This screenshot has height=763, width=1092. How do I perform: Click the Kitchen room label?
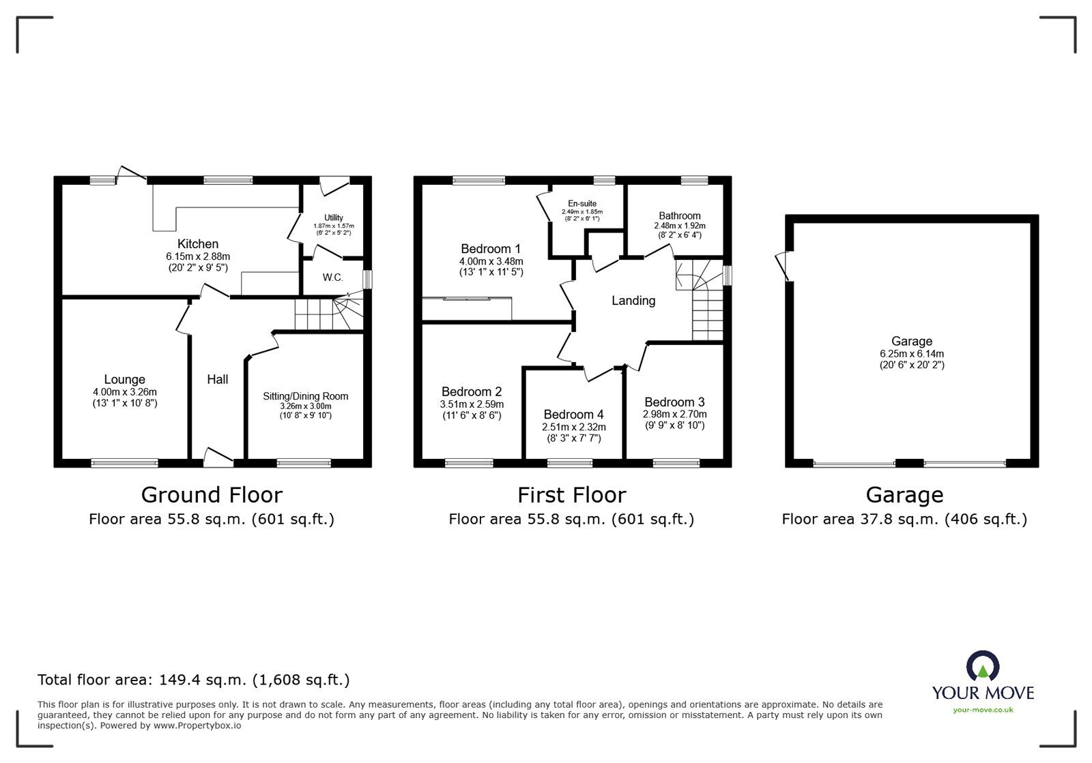(198, 244)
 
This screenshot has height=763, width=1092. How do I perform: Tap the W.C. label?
(333, 278)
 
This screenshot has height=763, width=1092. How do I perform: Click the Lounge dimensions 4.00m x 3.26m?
(125, 392)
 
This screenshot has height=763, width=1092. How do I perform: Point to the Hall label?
(218, 379)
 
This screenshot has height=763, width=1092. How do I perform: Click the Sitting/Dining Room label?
(306, 396)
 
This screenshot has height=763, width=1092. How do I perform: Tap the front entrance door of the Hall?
(218, 457)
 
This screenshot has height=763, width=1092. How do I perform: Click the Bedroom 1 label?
(491, 249)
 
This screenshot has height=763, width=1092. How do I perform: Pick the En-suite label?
(582, 203)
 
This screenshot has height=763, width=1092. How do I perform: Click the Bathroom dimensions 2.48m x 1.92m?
(679, 226)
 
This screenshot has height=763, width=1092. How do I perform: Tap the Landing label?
(633, 301)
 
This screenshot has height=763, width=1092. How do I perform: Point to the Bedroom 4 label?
(573, 415)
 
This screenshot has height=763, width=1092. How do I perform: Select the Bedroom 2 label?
(472, 391)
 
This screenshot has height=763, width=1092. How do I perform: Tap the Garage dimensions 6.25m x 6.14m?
(911, 354)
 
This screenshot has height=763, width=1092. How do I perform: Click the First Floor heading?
(571, 494)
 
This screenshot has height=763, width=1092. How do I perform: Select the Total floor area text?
(193, 680)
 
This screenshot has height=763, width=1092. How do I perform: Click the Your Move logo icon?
(983, 665)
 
